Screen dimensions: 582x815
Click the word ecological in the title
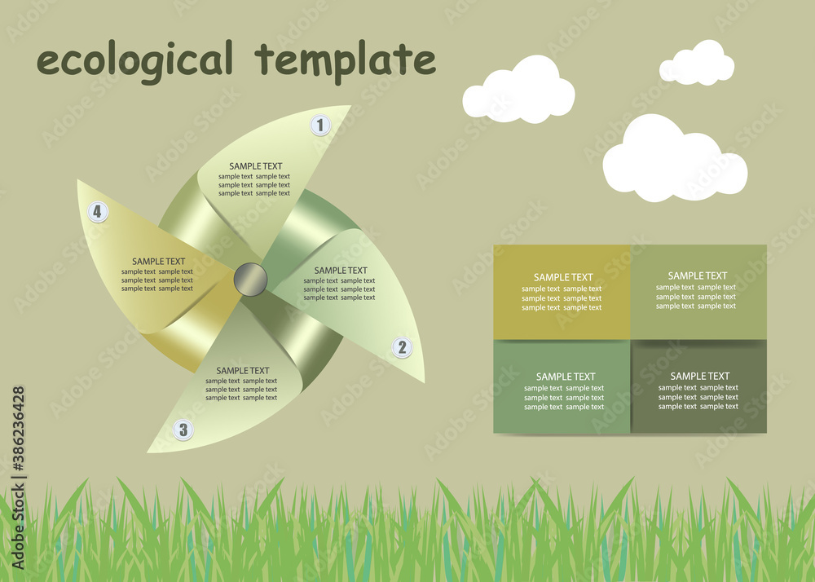(134, 61)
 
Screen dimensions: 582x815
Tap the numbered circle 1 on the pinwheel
(320, 126)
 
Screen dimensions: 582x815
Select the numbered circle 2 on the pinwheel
(401, 348)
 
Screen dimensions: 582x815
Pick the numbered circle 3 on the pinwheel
(183, 430)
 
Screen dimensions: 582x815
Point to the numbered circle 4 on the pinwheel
(98, 212)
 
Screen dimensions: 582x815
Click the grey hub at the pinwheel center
(250, 280)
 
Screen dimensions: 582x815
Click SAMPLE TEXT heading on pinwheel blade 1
(255, 166)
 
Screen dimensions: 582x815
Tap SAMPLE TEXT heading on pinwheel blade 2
(341, 271)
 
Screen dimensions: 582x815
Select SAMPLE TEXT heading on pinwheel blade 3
(243, 371)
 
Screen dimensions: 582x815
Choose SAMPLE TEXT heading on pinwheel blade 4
(159, 262)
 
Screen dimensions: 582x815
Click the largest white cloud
(674, 159)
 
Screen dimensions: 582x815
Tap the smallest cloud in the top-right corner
(697, 63)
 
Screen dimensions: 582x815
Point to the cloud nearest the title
(519, 90)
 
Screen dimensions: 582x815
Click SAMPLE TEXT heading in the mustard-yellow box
(563, 277)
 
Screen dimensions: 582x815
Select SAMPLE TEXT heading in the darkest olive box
(699, 377)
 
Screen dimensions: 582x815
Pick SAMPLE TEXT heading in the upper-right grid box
(698, 276)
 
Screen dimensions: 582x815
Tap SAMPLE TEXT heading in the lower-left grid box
(566, 377)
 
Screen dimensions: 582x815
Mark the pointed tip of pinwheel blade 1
(350, 106)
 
